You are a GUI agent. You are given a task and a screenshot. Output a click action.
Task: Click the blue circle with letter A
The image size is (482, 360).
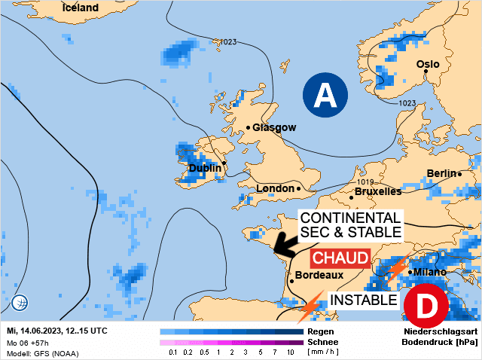tap(325, 95)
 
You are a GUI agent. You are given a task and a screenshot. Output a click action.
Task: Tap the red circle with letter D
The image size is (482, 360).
tap(426, 307)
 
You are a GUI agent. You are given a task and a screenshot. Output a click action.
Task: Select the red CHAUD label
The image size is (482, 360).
tap(341, 258)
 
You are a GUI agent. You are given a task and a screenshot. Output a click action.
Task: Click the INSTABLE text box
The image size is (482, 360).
tap(365, 300)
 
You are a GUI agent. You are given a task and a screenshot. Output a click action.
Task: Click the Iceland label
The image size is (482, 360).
tap(80, 8)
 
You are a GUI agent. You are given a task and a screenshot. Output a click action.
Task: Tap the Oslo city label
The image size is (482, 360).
tap(428, 65)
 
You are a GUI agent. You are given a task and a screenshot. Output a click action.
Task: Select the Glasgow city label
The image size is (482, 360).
tap(274, 128)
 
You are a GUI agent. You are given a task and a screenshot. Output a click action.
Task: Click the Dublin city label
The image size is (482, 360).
tap(204, 168)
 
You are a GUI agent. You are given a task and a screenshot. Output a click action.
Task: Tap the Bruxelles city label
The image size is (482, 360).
tap(377, 192)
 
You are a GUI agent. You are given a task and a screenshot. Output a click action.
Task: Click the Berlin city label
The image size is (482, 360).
tap(442, 174)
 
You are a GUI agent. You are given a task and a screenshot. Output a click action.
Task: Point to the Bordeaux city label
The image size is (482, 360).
tap(319, 276)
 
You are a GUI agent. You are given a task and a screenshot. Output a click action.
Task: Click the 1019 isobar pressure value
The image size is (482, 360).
tap(366, 182)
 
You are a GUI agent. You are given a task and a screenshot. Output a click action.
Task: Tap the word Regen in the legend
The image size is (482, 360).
tap(320, 331)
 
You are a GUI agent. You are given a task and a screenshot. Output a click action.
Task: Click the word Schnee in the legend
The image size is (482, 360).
tap(322, 342)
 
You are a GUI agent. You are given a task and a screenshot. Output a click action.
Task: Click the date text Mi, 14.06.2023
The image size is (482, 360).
tap(38, 331)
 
